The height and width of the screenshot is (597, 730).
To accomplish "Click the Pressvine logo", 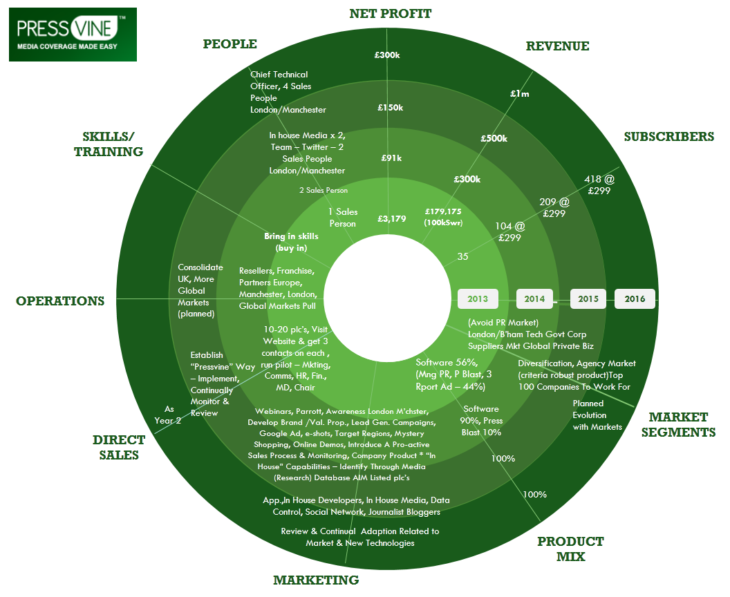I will pyautogui.click(x=73, y=35).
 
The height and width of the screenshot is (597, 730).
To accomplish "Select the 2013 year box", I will pyautogui.click(x=478, y=299).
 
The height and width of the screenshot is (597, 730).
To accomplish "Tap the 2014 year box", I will pyautogui.click(x=534, y=299).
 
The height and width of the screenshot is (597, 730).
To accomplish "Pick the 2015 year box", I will pyautogui.click(x=588, y=299).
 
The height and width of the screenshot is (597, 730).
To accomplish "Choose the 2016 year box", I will pyautogui.click(x=635, y=299).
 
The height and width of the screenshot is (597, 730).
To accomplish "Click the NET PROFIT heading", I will pyautogui.click(x=390, y=14).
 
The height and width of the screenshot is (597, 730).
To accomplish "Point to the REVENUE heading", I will pyautogui.click(x=557, y=46).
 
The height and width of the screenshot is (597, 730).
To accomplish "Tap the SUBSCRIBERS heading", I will pyautogui.click(x=668, y=136).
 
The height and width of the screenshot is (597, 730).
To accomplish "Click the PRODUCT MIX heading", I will pyautogui.click(x=570, y=549).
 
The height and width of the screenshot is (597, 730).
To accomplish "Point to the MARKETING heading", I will pyautogui.click(x=316, y=580).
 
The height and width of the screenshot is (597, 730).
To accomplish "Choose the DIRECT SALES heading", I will pyautogui.click(x=119, y=447).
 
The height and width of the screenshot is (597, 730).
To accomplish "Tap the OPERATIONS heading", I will pyautogui.click(x=60, y=301).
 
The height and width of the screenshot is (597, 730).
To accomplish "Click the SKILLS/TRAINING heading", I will pyautogui.click(x=109, y=144).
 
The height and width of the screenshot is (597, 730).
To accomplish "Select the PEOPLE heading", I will pyautogui.click(x=230, y=44).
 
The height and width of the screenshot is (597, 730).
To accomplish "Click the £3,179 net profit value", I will pyautogui.click(x=392, y=219).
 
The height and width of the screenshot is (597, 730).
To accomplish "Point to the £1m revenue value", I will pyautogui.click(x=519, y=93).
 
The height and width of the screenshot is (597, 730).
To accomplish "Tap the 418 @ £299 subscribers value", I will pyautogui.click(x=598, y=185).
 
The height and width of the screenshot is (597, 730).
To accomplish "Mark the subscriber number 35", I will pyautogui.click(x=463, y=256).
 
